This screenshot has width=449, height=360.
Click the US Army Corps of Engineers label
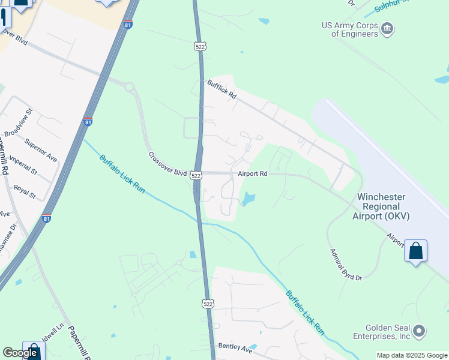click(350, 29)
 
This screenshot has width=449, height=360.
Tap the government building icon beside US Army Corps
click(387, 28)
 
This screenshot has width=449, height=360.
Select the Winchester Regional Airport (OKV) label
click(381, 206)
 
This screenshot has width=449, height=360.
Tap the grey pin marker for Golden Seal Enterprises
click(419, 331)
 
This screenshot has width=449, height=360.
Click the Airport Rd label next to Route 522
click(252, 173)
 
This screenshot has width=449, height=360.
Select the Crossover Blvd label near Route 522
click(167, 164)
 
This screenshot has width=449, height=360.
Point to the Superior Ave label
click(40, 150)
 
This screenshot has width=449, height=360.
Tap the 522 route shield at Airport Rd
click(196, 175)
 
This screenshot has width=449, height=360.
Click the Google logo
click(20, 353)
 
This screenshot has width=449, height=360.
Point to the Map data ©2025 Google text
click(412, 355)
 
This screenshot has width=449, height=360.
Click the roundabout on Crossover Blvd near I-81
click(129, 88)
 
